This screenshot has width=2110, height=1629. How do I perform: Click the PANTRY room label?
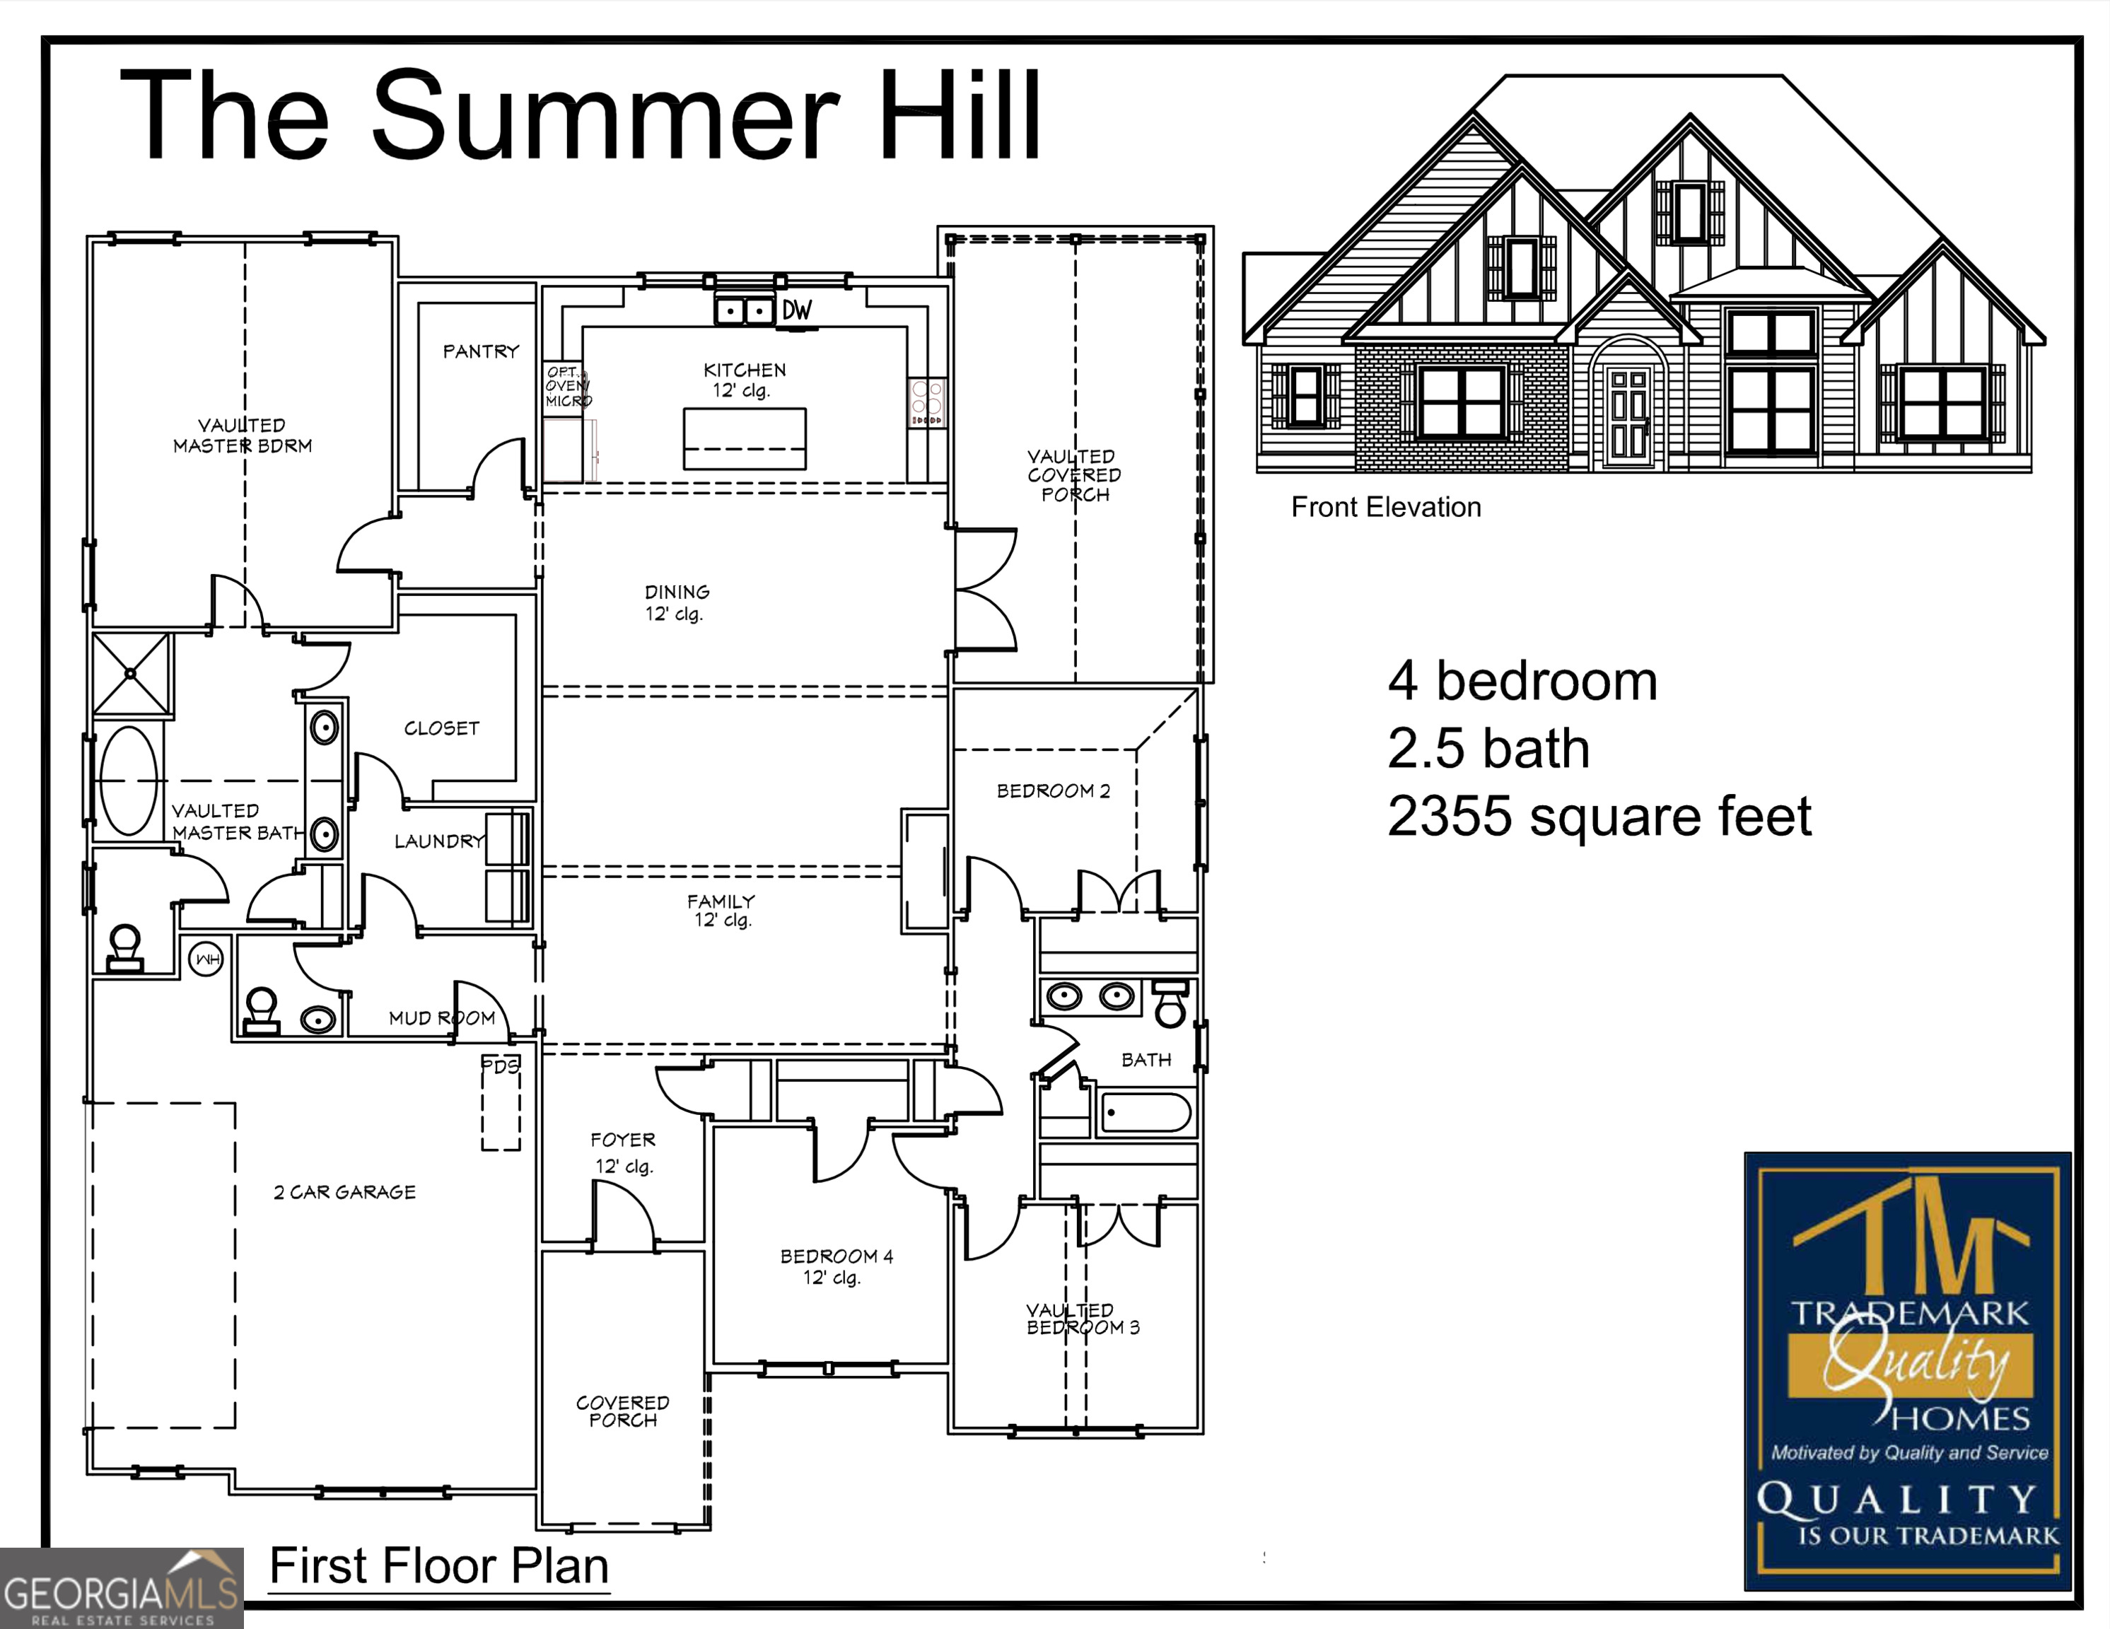480,351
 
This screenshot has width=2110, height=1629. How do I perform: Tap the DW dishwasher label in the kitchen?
797,310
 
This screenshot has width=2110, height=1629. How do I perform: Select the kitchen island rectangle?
744,438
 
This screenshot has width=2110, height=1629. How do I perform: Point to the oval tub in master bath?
129,781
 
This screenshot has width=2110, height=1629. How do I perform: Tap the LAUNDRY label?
438,841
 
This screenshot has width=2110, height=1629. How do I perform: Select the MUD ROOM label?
441,1018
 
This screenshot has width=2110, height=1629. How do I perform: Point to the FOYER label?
623,1140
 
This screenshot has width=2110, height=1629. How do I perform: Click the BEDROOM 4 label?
837,1256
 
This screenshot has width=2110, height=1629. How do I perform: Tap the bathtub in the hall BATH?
1145,1113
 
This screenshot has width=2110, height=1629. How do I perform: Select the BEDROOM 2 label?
1053,791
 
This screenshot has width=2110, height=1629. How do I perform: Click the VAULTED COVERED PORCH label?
1073,475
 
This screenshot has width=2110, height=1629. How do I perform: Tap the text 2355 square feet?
1599,817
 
